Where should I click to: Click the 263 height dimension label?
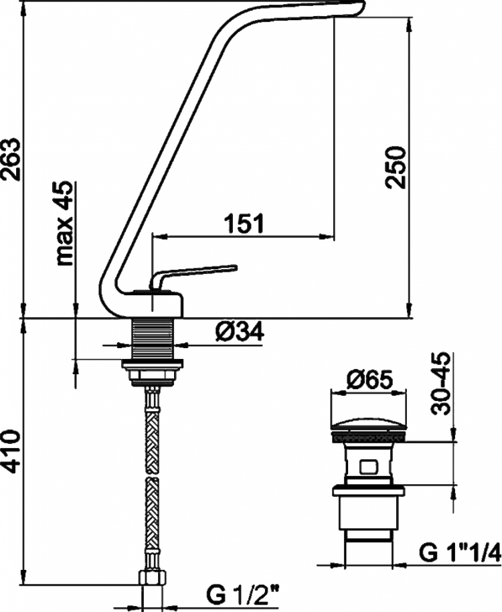point(11,159)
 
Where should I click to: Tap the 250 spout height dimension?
point(395,167)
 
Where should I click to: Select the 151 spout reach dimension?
point(244,223)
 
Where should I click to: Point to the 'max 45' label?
point(64,223)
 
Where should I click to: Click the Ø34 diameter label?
point(239,331)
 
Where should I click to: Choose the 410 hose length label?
point(11,451)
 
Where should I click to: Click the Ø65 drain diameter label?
point(369,380)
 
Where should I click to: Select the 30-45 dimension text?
point(440,383)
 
